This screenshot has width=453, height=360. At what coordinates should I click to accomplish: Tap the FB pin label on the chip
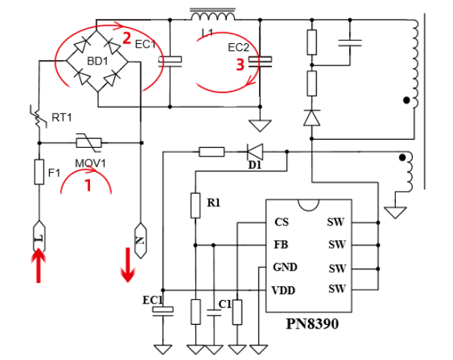coord(281,244)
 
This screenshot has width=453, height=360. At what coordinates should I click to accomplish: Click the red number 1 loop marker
coord(89,186)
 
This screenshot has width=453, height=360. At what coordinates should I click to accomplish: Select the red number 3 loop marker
coord(239,64)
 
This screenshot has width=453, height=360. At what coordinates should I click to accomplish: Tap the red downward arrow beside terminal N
coord(127,264)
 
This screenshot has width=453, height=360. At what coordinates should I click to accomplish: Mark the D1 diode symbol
coord(255,152)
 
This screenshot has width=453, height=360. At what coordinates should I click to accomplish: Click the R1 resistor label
coord(214,203)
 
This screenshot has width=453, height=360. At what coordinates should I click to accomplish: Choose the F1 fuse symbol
coord(40,173)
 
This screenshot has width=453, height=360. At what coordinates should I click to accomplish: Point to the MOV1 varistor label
coord(91,162)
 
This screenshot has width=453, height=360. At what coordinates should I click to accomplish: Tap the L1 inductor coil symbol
coord(212,16)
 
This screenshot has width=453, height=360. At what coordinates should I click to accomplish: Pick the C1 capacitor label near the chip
coord(225,304)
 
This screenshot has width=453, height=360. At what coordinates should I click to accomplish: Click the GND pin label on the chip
coord(285,267)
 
